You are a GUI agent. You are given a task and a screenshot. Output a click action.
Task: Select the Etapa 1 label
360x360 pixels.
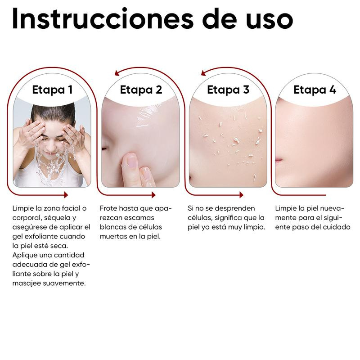point(52,90)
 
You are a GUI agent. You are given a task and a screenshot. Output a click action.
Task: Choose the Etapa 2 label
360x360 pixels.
point(141,90)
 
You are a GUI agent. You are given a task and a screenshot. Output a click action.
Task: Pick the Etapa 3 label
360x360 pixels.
point(228,90)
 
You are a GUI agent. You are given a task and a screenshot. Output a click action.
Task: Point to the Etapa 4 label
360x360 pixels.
point(315,90)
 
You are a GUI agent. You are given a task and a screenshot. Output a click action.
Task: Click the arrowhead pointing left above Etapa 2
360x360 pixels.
point(117,73)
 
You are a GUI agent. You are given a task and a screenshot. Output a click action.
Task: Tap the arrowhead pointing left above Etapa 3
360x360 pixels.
point(202,73)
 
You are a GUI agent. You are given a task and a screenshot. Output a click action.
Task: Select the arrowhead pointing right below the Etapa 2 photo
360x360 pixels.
point(153,195)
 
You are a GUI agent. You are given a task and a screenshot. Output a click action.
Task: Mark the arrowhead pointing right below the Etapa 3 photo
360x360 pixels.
point(241,195)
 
